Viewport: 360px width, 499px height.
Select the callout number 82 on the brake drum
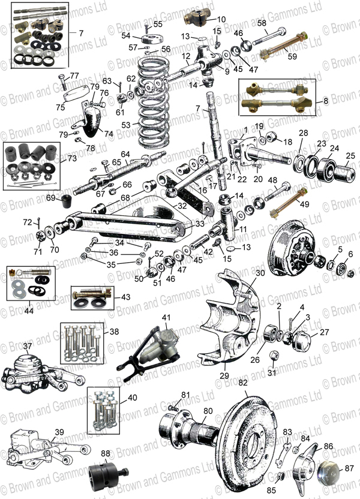pos(242,381)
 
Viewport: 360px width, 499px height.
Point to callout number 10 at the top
pos(204,19)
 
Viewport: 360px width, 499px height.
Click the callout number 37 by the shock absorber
pos(27,346)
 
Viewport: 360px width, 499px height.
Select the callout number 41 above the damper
pos(166,317)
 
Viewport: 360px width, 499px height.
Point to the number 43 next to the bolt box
pos(125,296)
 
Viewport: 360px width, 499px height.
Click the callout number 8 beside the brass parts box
pos(325,101)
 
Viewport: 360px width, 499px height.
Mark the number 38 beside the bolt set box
pos(113,331)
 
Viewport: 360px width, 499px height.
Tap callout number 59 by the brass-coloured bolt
pos(310,57)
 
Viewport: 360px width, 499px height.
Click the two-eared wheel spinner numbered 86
pos(318,465)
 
